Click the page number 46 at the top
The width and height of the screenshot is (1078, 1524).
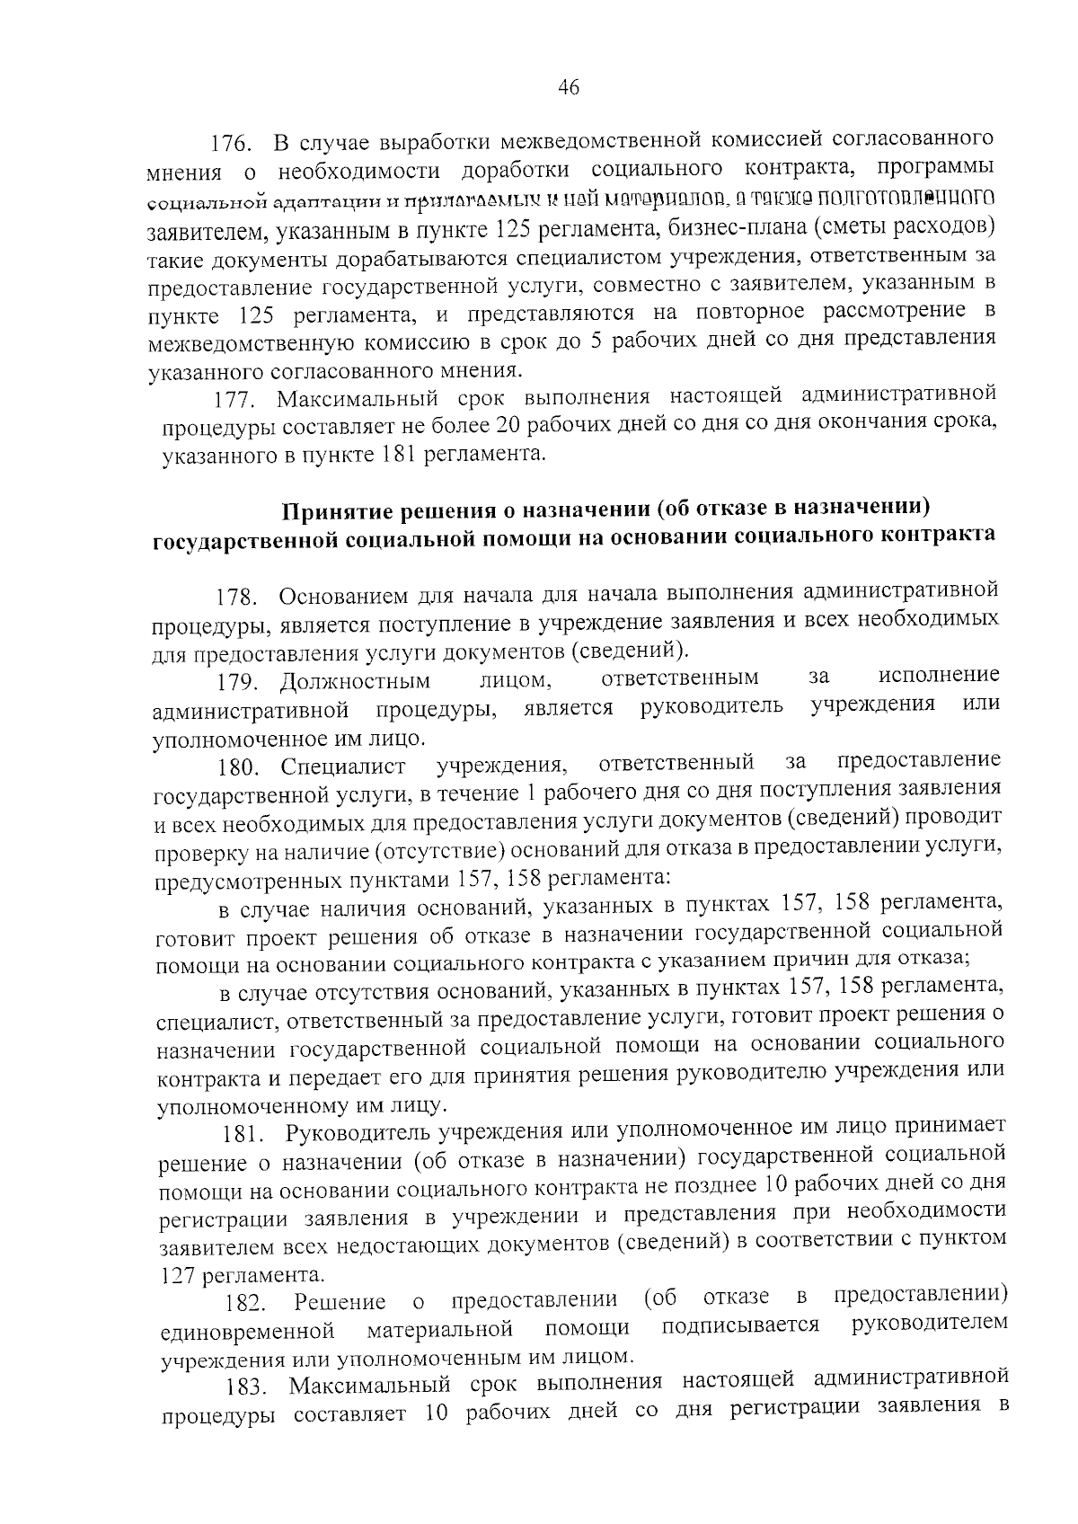coord(569,87)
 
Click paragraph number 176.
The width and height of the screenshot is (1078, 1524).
coord(233,145)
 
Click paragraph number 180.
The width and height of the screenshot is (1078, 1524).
coord(241,768)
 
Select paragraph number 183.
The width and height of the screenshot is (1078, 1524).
coord(249,1387)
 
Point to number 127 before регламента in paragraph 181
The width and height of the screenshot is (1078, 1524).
coord(177,1275)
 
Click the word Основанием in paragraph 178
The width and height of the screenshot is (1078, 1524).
coord(344,597)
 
